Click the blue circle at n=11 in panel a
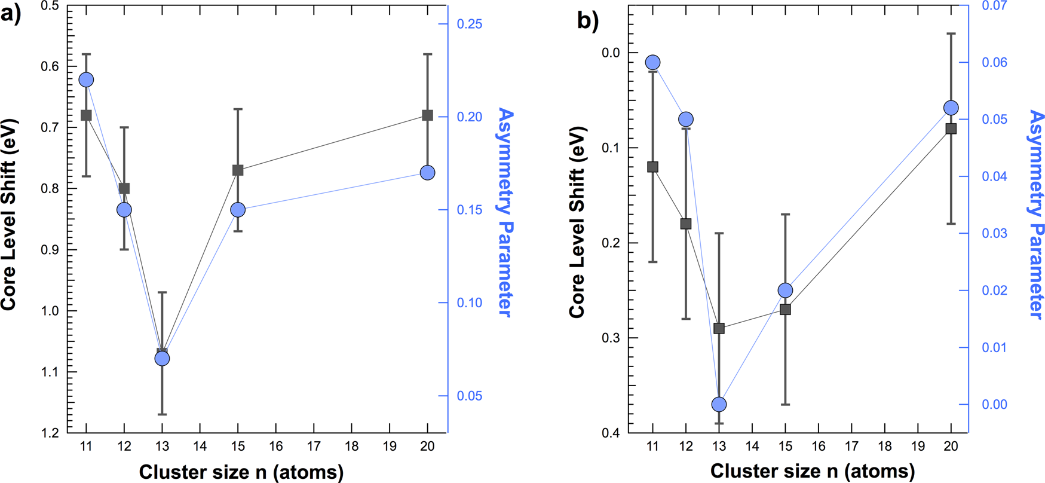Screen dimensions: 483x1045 pos(86,80)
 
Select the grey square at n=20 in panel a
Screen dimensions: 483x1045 pos(428,115)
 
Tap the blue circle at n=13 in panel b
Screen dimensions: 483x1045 pos(719,405)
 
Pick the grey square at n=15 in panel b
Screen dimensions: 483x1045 pos(786,310)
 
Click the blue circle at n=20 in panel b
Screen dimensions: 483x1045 pos(951,108)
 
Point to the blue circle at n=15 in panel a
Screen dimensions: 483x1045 pos(238,210)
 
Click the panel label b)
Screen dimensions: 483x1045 pos(587,21)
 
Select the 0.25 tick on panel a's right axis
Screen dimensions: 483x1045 pos(469,24)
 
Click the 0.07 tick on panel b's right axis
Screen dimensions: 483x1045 pos(995,6)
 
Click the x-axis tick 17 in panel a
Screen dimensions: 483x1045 pos(314,447)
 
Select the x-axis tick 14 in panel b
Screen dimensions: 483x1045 pos(752,447)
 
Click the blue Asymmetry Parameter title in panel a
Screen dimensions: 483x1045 pos(505,212)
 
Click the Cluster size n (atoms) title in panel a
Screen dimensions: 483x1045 pos(241,472)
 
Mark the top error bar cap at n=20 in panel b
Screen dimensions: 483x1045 pos(951,34)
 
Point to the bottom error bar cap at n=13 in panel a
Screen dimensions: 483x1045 pos(162,414)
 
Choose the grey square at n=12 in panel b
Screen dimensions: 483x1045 pos(686,224)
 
